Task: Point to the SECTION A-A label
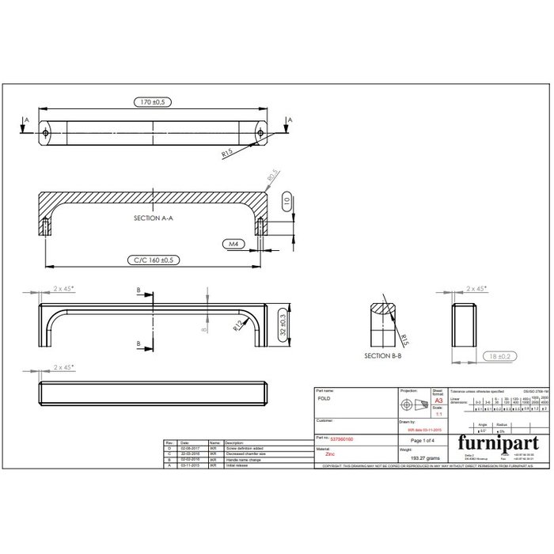[154, 217]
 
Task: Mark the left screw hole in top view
[47, 133]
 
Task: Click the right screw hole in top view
[260, 133]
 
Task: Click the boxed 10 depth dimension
[287, 201]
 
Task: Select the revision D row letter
[169, 448]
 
